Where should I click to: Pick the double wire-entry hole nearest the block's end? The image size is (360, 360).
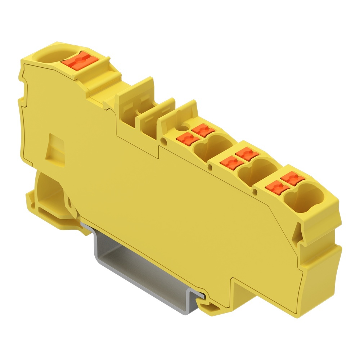[298, 198]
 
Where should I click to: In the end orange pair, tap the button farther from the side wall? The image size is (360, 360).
[292, 178]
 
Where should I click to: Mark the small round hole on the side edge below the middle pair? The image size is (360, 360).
[210, 166]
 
